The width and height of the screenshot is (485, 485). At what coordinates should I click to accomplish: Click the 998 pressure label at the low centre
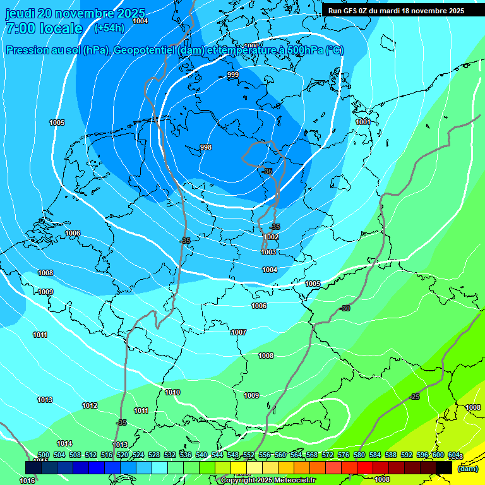pos(205,147)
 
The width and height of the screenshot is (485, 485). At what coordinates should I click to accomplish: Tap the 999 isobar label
pos(233,75)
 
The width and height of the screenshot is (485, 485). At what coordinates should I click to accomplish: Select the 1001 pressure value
pos(362,122)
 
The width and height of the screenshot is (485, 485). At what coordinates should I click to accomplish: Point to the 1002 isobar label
pos(271,237)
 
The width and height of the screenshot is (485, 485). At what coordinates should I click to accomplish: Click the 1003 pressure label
pos(268,252)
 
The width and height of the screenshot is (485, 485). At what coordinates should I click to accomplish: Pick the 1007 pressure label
pos(239,332)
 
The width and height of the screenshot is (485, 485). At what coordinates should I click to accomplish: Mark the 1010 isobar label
pos(172,392)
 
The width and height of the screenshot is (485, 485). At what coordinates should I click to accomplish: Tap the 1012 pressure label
pos(90,405)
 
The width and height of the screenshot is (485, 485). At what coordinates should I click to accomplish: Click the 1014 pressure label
pos(64,443)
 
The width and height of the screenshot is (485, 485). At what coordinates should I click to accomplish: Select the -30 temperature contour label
pos(345,308)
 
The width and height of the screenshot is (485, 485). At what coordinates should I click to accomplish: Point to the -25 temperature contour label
pos(415,397)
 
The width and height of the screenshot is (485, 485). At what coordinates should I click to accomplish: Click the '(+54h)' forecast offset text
pos(109,28)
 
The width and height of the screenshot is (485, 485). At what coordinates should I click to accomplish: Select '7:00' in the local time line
pos(20,28)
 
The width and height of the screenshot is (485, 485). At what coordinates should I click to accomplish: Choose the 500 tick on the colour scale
pos(44,455)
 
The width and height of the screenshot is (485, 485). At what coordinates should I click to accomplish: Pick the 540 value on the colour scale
pos(201,455)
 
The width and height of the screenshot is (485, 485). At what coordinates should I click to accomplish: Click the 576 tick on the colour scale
pos(344,455)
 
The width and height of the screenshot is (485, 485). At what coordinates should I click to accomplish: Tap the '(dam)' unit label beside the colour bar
pos(467,468)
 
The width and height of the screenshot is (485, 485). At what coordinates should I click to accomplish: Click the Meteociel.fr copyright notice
pos(268,481)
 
